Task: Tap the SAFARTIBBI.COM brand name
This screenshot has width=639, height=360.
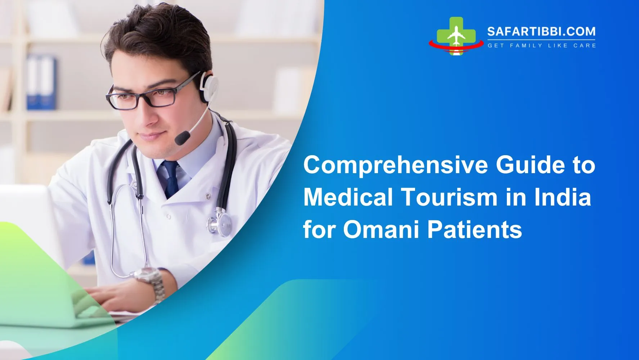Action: tap(541, 32)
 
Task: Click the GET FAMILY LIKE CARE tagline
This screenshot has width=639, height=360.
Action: tap(541, 46)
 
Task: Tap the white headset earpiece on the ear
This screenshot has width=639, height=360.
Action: tap(209, 87)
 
